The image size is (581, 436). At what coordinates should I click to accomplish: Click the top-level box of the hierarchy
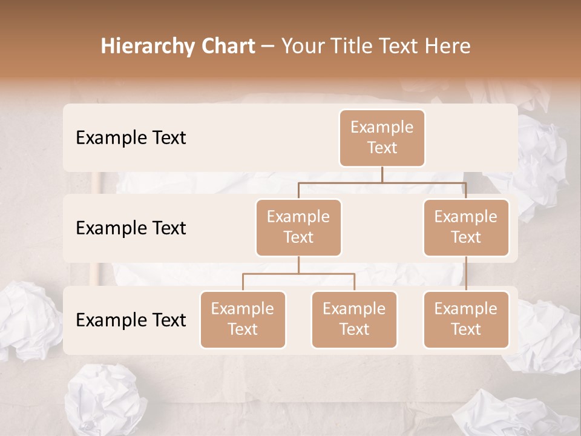[x=382, y=137]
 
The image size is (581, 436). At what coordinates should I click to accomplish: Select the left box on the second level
[x=298, y=227]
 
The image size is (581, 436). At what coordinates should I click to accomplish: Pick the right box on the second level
[x=466, y=227]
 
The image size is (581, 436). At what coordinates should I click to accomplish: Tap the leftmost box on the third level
[x=243, y=319]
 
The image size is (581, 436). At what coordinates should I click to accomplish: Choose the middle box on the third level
[x=354, y=319]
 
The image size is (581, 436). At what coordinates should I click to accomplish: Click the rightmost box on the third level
[x=466, y=319]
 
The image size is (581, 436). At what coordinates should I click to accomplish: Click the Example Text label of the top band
[x=131, y=137]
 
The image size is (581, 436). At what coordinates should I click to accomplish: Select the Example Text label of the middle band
[x=131, y=228]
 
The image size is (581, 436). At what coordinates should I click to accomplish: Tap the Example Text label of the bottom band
[x=131, y=320]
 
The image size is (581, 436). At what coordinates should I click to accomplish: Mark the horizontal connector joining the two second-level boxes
[x=382, y=182]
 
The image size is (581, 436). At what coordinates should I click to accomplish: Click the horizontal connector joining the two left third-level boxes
[x=298, y=274]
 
